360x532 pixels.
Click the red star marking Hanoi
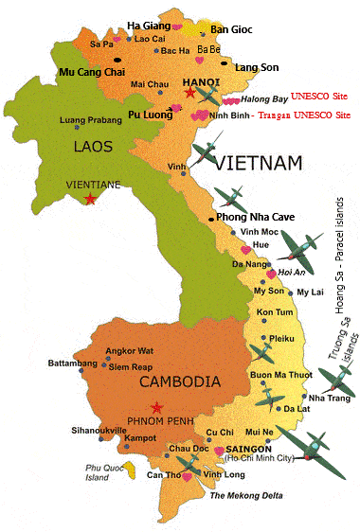click(191, 94)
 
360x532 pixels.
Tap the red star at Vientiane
click(90, 198)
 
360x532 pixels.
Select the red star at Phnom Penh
click(156, 408)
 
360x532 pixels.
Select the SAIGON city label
click(244, 451)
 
